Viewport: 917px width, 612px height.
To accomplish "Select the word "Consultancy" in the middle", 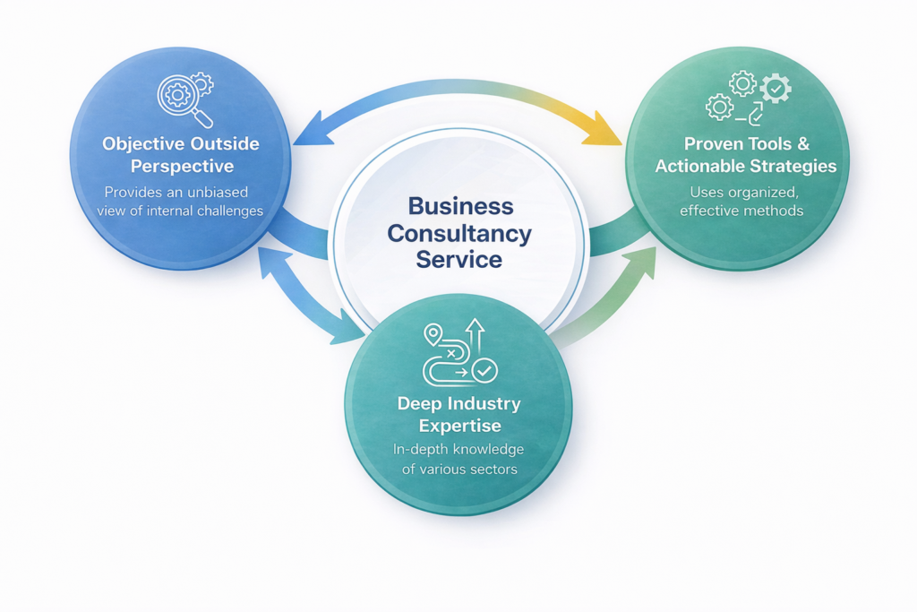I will [x=460, y=234].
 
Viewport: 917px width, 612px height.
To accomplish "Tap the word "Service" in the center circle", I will [x=458, y=261].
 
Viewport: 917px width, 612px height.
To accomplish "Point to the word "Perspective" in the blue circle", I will [x=182, y=167].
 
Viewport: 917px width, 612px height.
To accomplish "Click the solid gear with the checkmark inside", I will [x=775, y=90].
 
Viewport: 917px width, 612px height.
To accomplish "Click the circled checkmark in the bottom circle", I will [x=484, y=368].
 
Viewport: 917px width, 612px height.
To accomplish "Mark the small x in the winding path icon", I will [x=450, y=354].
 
